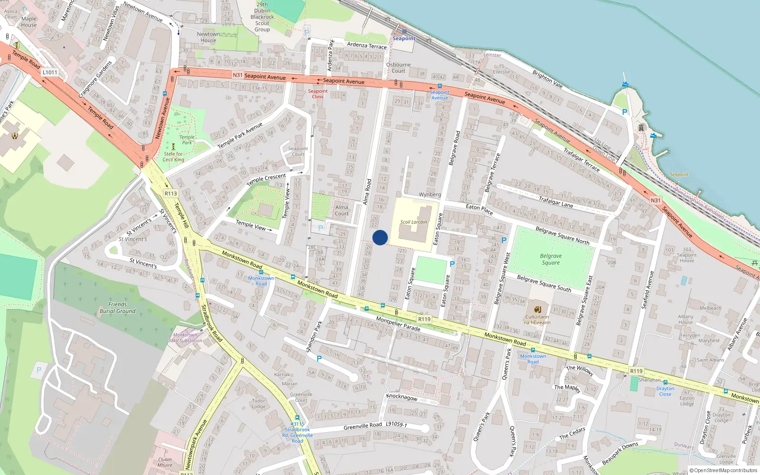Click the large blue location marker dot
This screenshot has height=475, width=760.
pos(380,237)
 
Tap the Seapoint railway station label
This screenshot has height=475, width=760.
pos(404,38)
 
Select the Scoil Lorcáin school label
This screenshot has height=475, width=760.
pos(413,222)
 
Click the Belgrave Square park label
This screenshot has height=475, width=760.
pos(551,259)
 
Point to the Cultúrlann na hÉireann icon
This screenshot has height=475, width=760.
pos(537,309)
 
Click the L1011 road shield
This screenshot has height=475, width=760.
pos(50,72)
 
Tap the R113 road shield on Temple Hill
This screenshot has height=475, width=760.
pos(171,193)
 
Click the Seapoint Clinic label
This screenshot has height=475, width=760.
pos(318,94)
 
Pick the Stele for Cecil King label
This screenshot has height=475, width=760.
pos(174,157)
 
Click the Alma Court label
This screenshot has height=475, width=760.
pos(342,210)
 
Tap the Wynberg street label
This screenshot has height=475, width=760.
pos(430,194)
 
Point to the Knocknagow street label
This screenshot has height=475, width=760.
pos(402,397)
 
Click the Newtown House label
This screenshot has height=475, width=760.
pos(208,37)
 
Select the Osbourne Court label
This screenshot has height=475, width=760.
pos(399,67)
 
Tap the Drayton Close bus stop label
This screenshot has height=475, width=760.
pos(665,391)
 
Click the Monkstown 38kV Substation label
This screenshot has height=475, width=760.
pos(185,338)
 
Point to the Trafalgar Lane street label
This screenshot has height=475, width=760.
pos(556,202)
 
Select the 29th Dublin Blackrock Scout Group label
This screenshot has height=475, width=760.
pos(262,17)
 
